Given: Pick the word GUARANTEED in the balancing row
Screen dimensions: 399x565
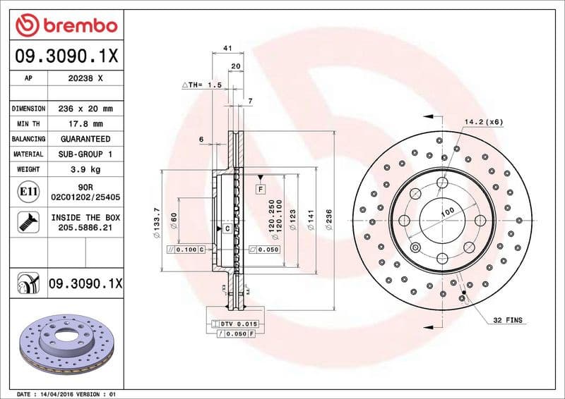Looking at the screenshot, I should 85,139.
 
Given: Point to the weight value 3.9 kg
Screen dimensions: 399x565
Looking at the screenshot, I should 85,169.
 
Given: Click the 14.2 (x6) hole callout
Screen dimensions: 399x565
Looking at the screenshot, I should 483,122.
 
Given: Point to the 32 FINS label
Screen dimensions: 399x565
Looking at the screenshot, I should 508,320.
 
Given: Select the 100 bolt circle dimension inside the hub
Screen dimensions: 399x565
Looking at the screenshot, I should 447,211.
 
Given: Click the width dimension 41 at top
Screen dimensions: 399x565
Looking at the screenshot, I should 227,47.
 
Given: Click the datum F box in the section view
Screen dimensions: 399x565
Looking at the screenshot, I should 260,190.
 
